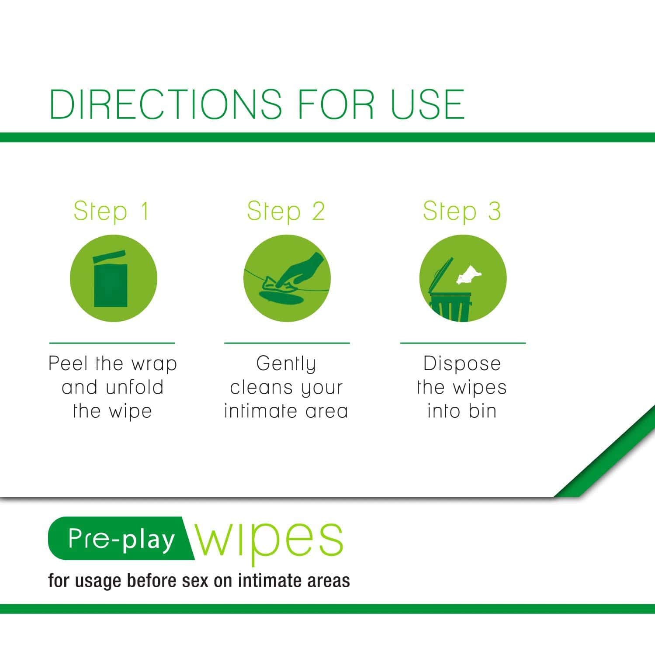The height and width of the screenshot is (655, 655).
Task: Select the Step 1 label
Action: [x=111, y=211]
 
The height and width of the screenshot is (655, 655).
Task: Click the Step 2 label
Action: [x=286, y=211]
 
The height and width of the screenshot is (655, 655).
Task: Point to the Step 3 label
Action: [x=462, y=211]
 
